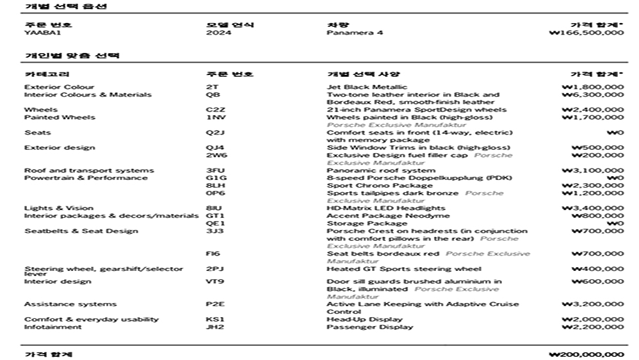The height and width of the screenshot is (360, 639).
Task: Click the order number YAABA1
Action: coord(38,32)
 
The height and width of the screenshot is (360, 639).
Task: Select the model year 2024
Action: coord(214,32)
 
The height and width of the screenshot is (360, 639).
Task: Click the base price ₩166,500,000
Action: coord(586,32)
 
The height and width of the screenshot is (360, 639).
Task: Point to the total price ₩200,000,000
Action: coord(586,354)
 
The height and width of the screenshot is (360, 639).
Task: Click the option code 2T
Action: coord(211,87)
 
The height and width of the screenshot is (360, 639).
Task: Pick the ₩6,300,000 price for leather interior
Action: coord(593,95)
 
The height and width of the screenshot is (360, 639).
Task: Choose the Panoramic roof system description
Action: coord(371,170)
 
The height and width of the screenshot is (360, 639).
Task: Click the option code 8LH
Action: coord(214,186)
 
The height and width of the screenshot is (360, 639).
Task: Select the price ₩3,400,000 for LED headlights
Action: coord(593,208)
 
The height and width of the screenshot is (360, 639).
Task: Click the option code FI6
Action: coord(213,254)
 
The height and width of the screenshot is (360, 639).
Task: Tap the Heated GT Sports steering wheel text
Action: coord(403,269)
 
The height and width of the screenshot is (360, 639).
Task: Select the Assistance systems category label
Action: coord(70,304)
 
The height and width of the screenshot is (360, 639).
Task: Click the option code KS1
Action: coord(214,319)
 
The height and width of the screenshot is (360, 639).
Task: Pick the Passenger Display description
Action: coord(369,327)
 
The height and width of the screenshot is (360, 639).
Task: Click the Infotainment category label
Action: coord(53,327)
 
